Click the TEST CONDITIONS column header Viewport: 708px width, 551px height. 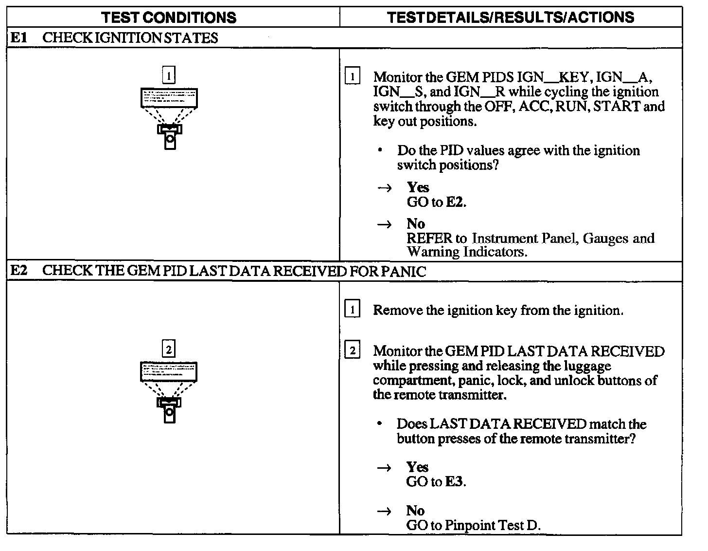[169, 18]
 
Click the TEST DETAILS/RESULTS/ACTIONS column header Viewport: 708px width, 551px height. [511, 18]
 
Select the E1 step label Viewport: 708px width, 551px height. [18, 38]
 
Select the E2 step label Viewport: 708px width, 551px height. [18, 271]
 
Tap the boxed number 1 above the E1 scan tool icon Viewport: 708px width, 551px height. [168, 76]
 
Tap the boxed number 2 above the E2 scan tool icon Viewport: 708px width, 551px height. [168, 349]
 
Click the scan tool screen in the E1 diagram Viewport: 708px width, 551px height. [169, 98]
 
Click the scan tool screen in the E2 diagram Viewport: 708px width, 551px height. [169, 372]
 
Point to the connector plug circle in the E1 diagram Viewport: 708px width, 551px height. [170, 138]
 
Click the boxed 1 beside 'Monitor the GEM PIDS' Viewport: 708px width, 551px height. [352, 77]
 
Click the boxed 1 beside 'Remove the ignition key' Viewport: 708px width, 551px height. [352, 310]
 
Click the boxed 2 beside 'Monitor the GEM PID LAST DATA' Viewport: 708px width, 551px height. [352, 351]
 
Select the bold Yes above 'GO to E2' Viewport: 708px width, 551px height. [418, 187]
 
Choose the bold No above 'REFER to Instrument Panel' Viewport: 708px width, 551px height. [416, 224]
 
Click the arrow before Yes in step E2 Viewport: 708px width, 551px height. [384, 468]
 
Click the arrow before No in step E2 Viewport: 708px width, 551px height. [384, 511]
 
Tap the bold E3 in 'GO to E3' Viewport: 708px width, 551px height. [455, 482]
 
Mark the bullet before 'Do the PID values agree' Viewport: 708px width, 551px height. [380, 151]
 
